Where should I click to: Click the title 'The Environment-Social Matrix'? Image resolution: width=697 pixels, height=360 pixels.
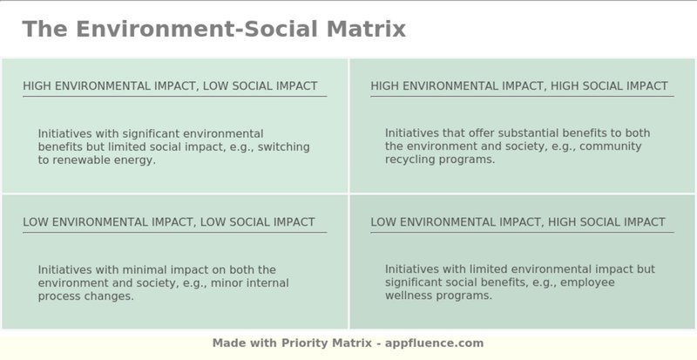click(213, 29)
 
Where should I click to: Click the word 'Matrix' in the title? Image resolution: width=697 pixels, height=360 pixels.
click(366, 29)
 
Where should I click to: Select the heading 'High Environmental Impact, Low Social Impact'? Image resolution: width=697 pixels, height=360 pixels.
click(170, 86)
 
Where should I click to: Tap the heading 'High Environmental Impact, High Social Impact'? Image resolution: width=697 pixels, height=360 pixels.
click(519, 86)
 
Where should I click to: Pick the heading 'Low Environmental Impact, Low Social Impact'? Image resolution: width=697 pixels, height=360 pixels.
click(169, 222)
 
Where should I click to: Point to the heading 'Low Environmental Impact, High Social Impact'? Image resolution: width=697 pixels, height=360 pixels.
click(518, 222)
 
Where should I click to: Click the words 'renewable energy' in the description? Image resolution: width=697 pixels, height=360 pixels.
click(103, 160)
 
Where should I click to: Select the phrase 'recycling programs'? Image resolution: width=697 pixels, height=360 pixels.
click(439, 160)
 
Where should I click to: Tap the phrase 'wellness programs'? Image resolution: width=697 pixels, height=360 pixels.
click(437, 295)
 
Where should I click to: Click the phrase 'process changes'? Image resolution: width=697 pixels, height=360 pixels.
click(85, 296)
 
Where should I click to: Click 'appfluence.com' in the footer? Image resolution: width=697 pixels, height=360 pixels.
click(434, 343)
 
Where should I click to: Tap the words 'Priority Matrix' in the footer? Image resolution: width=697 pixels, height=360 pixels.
click(327, 343)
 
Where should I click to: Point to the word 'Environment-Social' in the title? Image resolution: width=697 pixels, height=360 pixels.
click(197, 29)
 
